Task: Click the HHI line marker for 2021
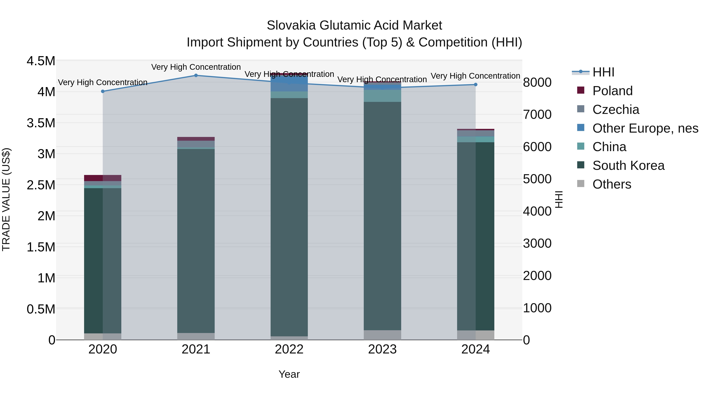click(196, 75)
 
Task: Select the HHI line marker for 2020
click(103, 91)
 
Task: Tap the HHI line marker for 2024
click(475, 85)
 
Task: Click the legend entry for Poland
click(612, 91)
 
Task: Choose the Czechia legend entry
click(615, 110)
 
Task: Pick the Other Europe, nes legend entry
click(645, 128)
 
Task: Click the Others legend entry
click(612, 184)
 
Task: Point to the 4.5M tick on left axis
click(41, 61)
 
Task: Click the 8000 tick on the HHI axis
click(537, 82)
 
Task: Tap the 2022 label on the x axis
click(289, 349)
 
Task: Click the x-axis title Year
click(289, 374)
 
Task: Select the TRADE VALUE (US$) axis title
click(6, 199)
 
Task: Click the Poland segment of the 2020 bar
click(103, 178)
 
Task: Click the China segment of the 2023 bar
click(382, 96)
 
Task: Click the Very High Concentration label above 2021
click(196, 67)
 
